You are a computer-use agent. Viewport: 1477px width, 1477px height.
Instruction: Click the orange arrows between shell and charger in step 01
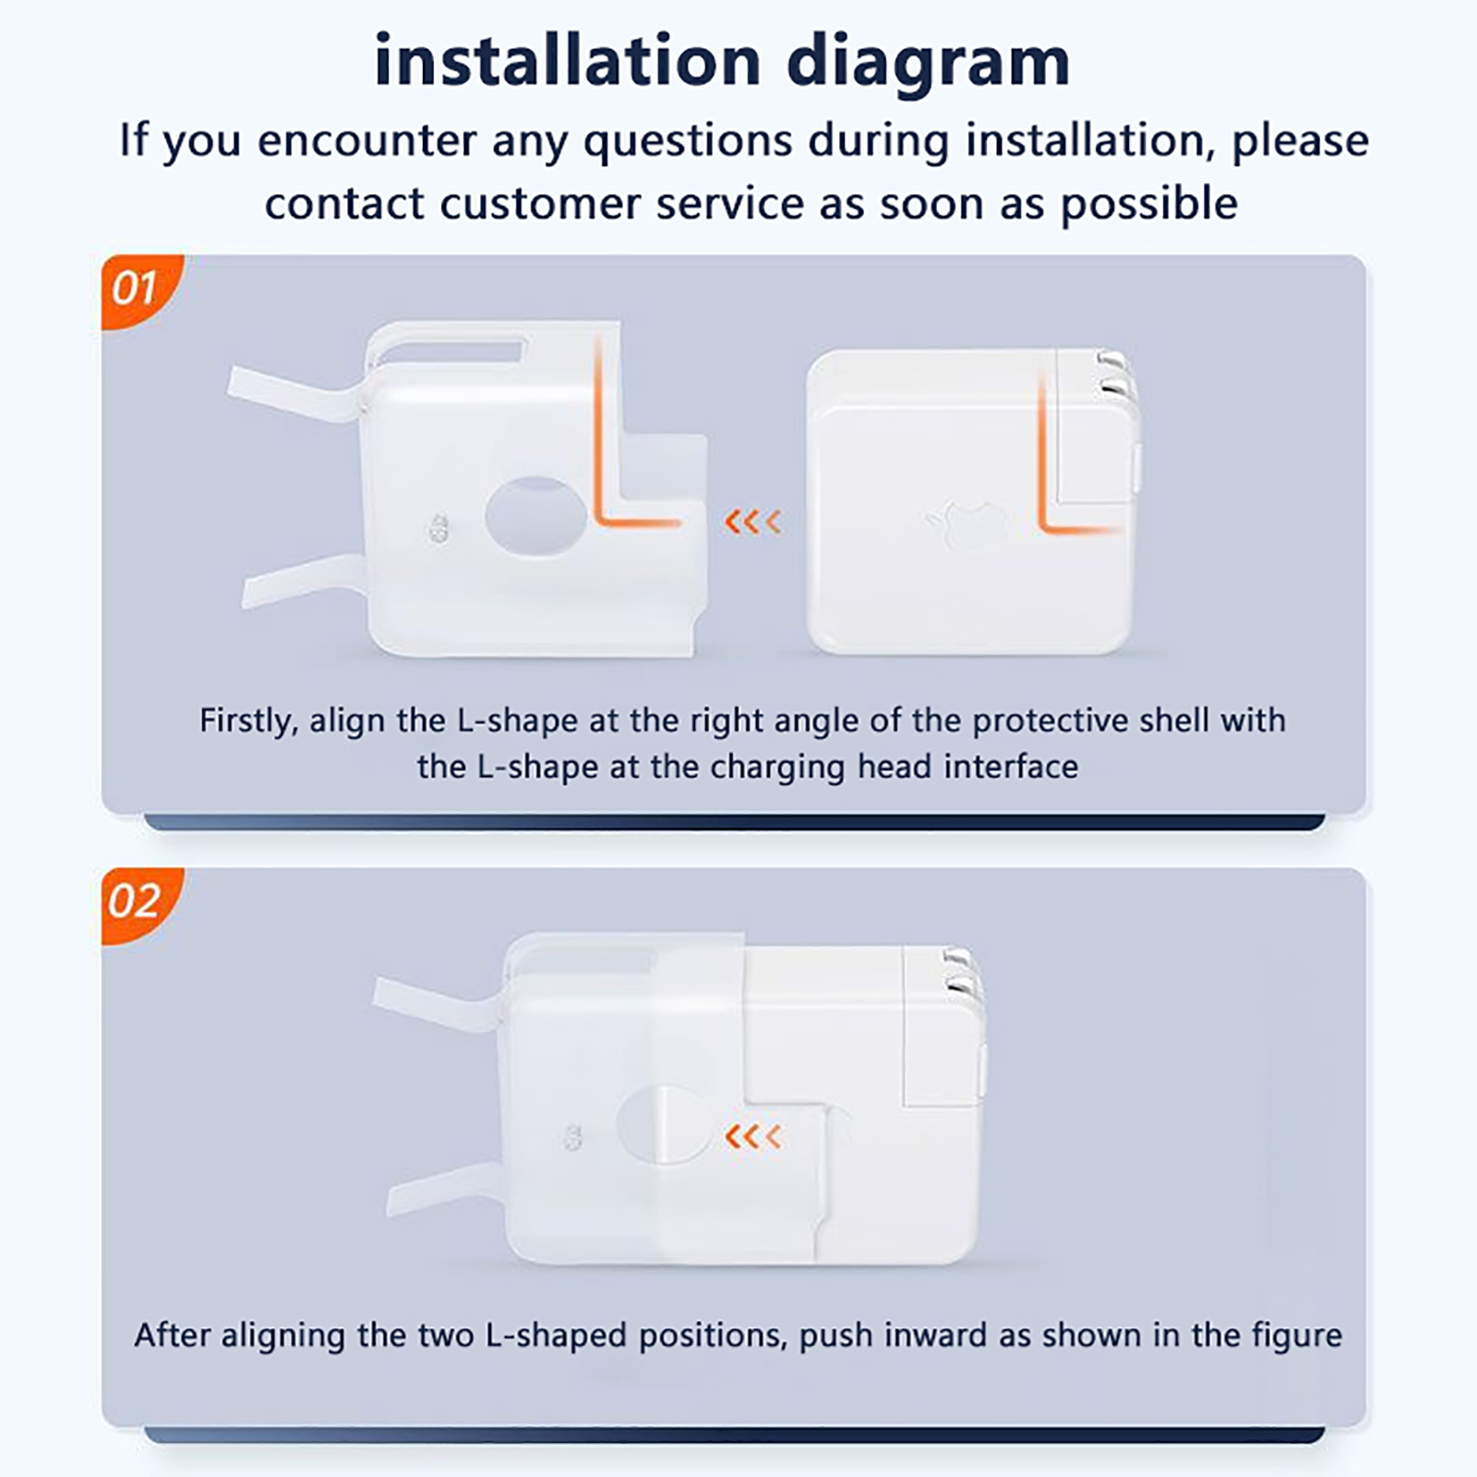pos(752,522)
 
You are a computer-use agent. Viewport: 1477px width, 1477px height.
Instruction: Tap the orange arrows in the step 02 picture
pos(752,1136)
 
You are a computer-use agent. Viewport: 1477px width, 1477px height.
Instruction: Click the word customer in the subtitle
pos(538,204)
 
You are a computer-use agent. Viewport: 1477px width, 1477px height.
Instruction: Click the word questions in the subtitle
pos(688,141)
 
